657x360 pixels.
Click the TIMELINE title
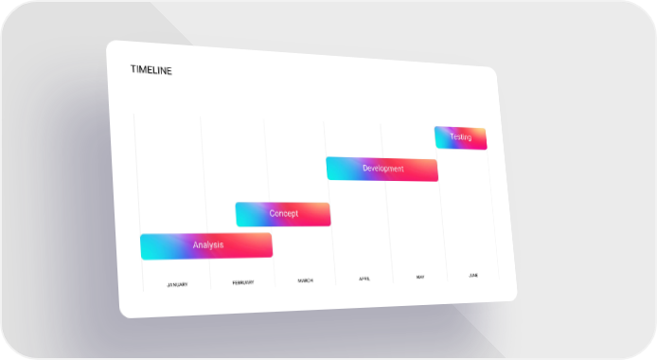(x=151, y=70)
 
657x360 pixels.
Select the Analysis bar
(x=206, y=246)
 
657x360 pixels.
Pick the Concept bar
(x=283, y=214)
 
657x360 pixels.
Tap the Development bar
(x=382, y=169)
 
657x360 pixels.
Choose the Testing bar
(x=460, y=137)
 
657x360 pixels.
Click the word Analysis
(x=208, y=245)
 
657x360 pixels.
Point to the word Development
(x=383, y=169)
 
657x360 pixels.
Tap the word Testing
(x=460, y=137)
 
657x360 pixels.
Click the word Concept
(x=284, y=213)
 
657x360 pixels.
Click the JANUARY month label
(x=177, y=285)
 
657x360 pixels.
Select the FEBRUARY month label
(x=243, y=283)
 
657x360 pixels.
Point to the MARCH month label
(x=305, y=280)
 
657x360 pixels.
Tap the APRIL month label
(x=364, y=279)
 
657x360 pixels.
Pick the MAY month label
(x=420, y=277)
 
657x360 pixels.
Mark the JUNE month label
(x=473, y=276)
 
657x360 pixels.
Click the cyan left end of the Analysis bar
(x=146, y=247)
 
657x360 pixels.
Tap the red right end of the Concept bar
(x=326, y=214)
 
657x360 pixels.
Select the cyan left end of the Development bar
(x=332, y=169)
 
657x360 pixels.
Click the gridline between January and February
(x=205, y=202)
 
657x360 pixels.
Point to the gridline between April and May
(x=387, y=204)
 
